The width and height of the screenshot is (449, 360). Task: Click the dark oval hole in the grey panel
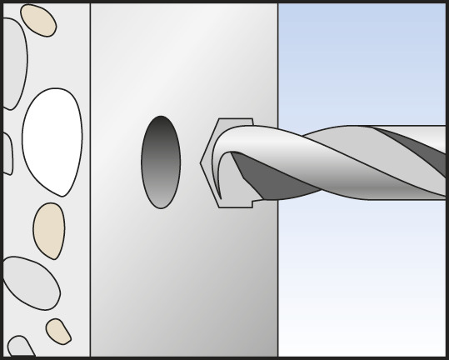click(161, 162)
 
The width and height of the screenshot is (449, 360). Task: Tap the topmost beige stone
click(37, 20)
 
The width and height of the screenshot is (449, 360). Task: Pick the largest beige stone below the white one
click(49, 230)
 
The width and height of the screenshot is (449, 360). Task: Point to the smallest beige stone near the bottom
click(58, 330)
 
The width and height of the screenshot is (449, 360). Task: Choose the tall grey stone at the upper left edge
click(12, 62)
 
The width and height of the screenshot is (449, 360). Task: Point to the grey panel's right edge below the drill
click(277, 283)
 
